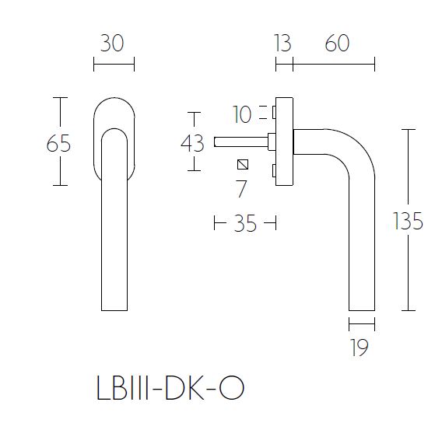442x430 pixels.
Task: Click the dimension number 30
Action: click(113, 44)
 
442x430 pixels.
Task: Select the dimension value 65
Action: click(59, 144)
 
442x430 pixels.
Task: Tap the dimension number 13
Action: click(282, 44)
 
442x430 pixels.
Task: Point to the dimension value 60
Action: click(337, 44)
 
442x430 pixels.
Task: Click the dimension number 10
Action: click(243, 115)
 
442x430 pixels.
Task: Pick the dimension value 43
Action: click(191, 143)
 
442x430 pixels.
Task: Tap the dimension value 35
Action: click(245, 225)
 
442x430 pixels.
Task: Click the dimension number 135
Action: click(409, 222)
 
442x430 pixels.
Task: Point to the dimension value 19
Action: click(359, 348)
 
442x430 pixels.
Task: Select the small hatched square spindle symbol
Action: click(243, 164)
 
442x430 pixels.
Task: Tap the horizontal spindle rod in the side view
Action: click(237, 142)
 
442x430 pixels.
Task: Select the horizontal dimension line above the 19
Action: click(362, 324)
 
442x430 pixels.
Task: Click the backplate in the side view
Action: click(285, 142)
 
